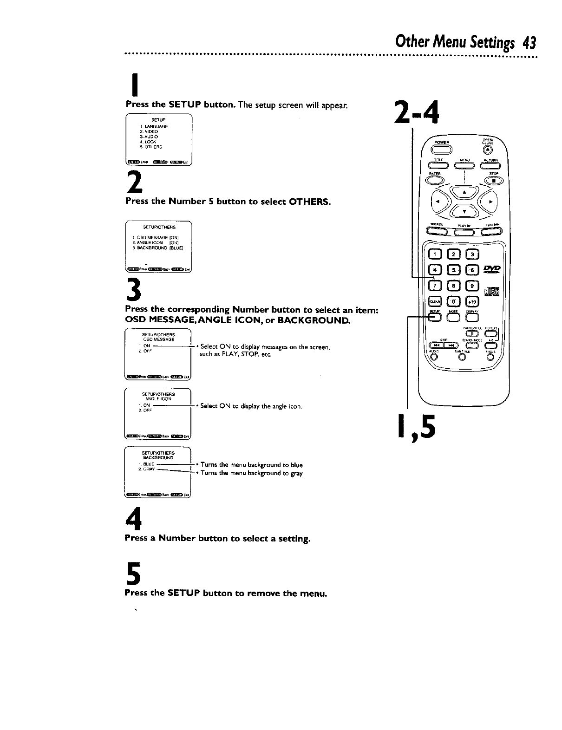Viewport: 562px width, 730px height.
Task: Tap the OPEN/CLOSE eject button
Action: pyautogui.click(x=487, y=150)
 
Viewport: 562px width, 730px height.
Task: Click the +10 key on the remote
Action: pyautogui.click(x=471, y=301)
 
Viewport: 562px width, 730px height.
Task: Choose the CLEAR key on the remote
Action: pyautogui.click(x=435, y=301)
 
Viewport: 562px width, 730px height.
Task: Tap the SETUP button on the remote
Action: pyautogui.click(x=435, y=318)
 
